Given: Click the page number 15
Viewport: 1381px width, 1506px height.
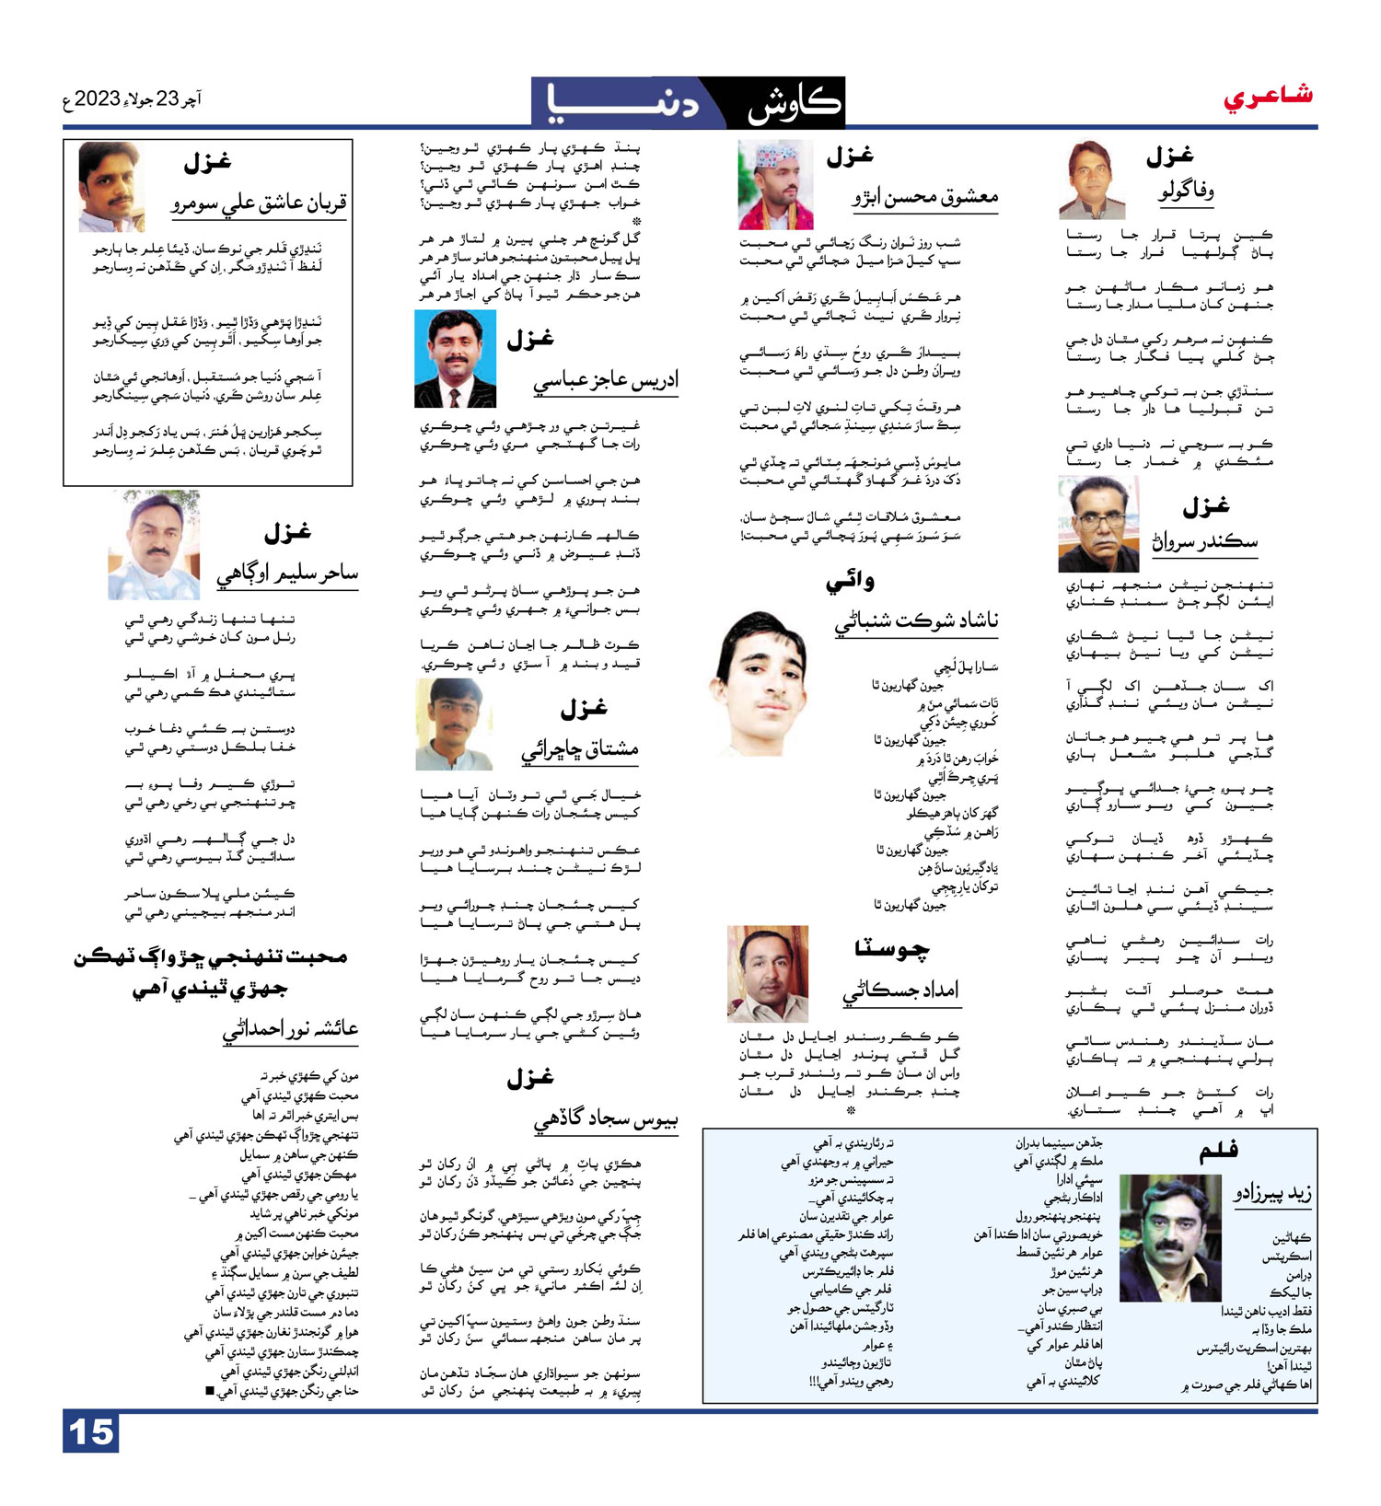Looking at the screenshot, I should coord(91,1432).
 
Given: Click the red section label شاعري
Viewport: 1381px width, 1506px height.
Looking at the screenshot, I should coord(1268,96).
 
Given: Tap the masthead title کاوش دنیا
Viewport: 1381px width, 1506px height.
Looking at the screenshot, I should coord(689,102).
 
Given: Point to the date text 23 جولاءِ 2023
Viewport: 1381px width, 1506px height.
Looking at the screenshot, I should coord(133,98).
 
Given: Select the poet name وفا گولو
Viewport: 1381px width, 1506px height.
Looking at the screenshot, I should coord(1186,191).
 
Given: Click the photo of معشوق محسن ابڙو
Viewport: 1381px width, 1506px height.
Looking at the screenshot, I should coord(775,185).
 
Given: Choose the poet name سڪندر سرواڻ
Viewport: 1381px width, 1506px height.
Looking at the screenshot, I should coord(1204,541).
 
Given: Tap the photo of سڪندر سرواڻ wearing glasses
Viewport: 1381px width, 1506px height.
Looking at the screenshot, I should coord(1098,525).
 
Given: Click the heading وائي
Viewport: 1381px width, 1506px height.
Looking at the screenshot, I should coord(850,582).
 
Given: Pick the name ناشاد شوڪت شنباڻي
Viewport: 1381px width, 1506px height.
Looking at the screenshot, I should coord(916,621).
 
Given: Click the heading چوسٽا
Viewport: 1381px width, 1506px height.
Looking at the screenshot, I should coord(891,949).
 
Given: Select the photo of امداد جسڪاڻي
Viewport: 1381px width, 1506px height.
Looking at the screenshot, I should coord(768,974).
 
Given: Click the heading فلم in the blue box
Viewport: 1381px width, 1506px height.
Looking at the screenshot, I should coord(1219,1150).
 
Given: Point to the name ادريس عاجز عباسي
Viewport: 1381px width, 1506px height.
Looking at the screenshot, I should coord(605,380).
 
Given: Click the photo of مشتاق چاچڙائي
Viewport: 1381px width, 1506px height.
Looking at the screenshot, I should coord(455,724).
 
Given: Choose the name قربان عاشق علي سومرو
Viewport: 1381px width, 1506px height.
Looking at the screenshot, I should coord(260,203).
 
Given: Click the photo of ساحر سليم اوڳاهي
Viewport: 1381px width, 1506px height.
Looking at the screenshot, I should coord(154,547).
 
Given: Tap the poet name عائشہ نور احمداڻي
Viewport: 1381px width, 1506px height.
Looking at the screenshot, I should coord(290,1028).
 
